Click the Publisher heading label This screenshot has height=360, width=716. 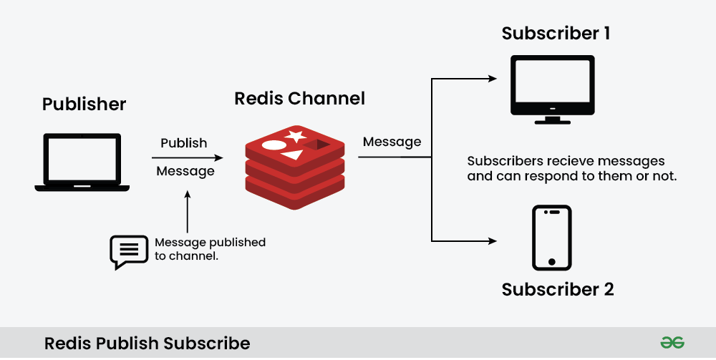(x=84, y=104)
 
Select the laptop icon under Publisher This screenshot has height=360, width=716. (x=82, y=162)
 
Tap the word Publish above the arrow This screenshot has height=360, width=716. (x=184, y=143)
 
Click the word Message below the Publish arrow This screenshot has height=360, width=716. (x=185, y=172)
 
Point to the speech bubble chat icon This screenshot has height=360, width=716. (x=127, y=250)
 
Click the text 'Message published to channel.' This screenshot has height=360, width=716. (x=210, y=249)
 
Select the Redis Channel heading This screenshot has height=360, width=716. (x=299, y=98)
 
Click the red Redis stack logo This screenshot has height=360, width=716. (x=295, y=167)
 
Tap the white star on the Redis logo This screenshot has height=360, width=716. (x=294, y=136)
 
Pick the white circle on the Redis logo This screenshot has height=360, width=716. (x=274, y=145)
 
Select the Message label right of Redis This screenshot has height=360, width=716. (x=392, y=142)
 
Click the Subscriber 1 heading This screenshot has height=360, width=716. (x=556, y=34)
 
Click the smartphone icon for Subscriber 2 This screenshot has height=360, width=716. (x=551, y=238)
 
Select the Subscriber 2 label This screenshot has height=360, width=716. (x=557, y=290)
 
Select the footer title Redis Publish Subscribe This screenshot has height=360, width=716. (x=147, y=344)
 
